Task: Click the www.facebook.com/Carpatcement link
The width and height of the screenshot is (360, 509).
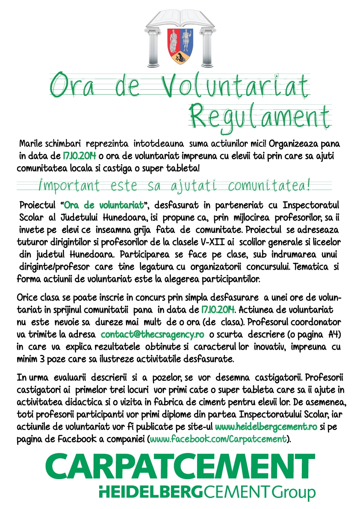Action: tap(218, 438)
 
